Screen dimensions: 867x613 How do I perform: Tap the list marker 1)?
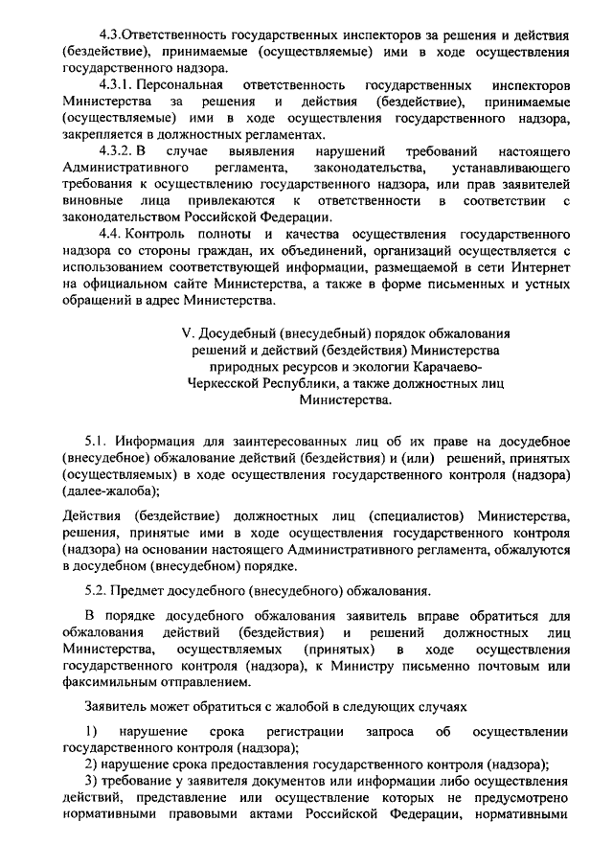90,732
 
